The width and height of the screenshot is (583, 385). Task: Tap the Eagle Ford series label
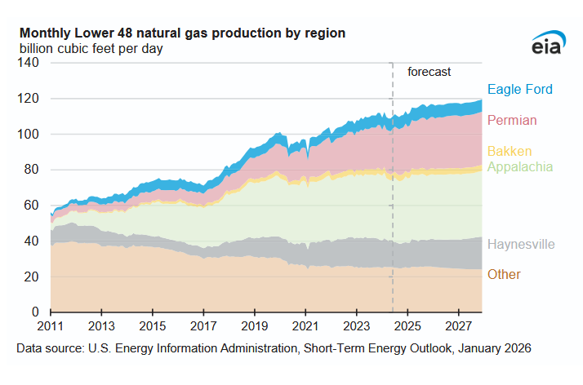pyautogui.click(x=519, y=90)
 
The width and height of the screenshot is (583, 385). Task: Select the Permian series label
pyautogui.click(x=512, y=121)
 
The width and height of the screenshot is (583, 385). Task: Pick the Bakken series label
pyautogui.click(x=510, y=152)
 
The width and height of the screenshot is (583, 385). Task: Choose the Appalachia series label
pyautogui.click(x=519, y=167)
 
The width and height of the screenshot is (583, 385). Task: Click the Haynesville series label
pyautogui.click(x=520, y=244)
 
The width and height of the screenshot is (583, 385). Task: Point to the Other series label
pyautogui.click(x=504, y=274)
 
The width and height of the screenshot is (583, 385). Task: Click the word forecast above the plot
pyautogui.click(x=429, y=72)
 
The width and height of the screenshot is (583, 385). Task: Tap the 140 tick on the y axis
pyautogui.click(x=30, y=63)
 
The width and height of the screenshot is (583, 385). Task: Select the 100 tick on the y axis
pyautogui.click(x=30, y=134)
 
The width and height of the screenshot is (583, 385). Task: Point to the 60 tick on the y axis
pyautogui.click(x=33, y=206)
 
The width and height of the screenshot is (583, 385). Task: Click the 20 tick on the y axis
pyautogui.click(x=33, y=277)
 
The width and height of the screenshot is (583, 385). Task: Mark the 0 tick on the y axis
pyautogui.click(x=37, y=312)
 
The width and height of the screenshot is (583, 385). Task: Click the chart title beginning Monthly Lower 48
pyautogui.click(x=182, y=33)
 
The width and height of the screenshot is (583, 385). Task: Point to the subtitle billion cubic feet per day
pyautogui.click(x=91, y=49)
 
